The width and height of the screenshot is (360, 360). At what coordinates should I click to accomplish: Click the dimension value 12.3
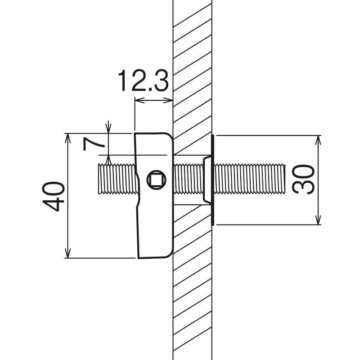[144, 81]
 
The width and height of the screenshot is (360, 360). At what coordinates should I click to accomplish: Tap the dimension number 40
[53, 196]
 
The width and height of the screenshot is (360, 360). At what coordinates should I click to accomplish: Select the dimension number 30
[303, 180]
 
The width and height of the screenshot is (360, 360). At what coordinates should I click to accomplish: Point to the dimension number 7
[94, 144]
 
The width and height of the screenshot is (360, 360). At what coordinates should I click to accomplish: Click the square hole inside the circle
[156, 180]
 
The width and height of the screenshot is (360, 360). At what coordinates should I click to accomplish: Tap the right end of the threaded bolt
[285, 179]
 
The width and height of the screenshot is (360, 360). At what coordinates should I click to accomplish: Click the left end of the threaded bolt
[99, 179]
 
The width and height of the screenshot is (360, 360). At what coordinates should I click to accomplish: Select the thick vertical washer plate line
[212, 180]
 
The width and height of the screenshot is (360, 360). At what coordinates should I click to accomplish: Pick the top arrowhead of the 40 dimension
[67, 138]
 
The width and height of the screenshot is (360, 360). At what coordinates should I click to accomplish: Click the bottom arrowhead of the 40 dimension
[67, 253]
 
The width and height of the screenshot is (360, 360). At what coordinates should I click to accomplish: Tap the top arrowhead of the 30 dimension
[318, 140]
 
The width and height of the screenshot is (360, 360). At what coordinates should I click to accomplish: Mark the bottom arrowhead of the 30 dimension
[318, 220]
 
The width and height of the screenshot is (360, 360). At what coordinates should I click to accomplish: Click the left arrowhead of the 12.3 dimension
[139, 100]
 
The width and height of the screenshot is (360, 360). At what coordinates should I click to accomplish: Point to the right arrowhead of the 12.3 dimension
[168, 100]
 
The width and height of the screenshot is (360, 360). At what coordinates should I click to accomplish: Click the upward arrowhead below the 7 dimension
[108, 160]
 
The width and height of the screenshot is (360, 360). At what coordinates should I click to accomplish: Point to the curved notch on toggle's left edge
[138, 190]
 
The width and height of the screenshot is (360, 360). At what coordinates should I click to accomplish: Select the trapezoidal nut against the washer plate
[207, 180]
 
